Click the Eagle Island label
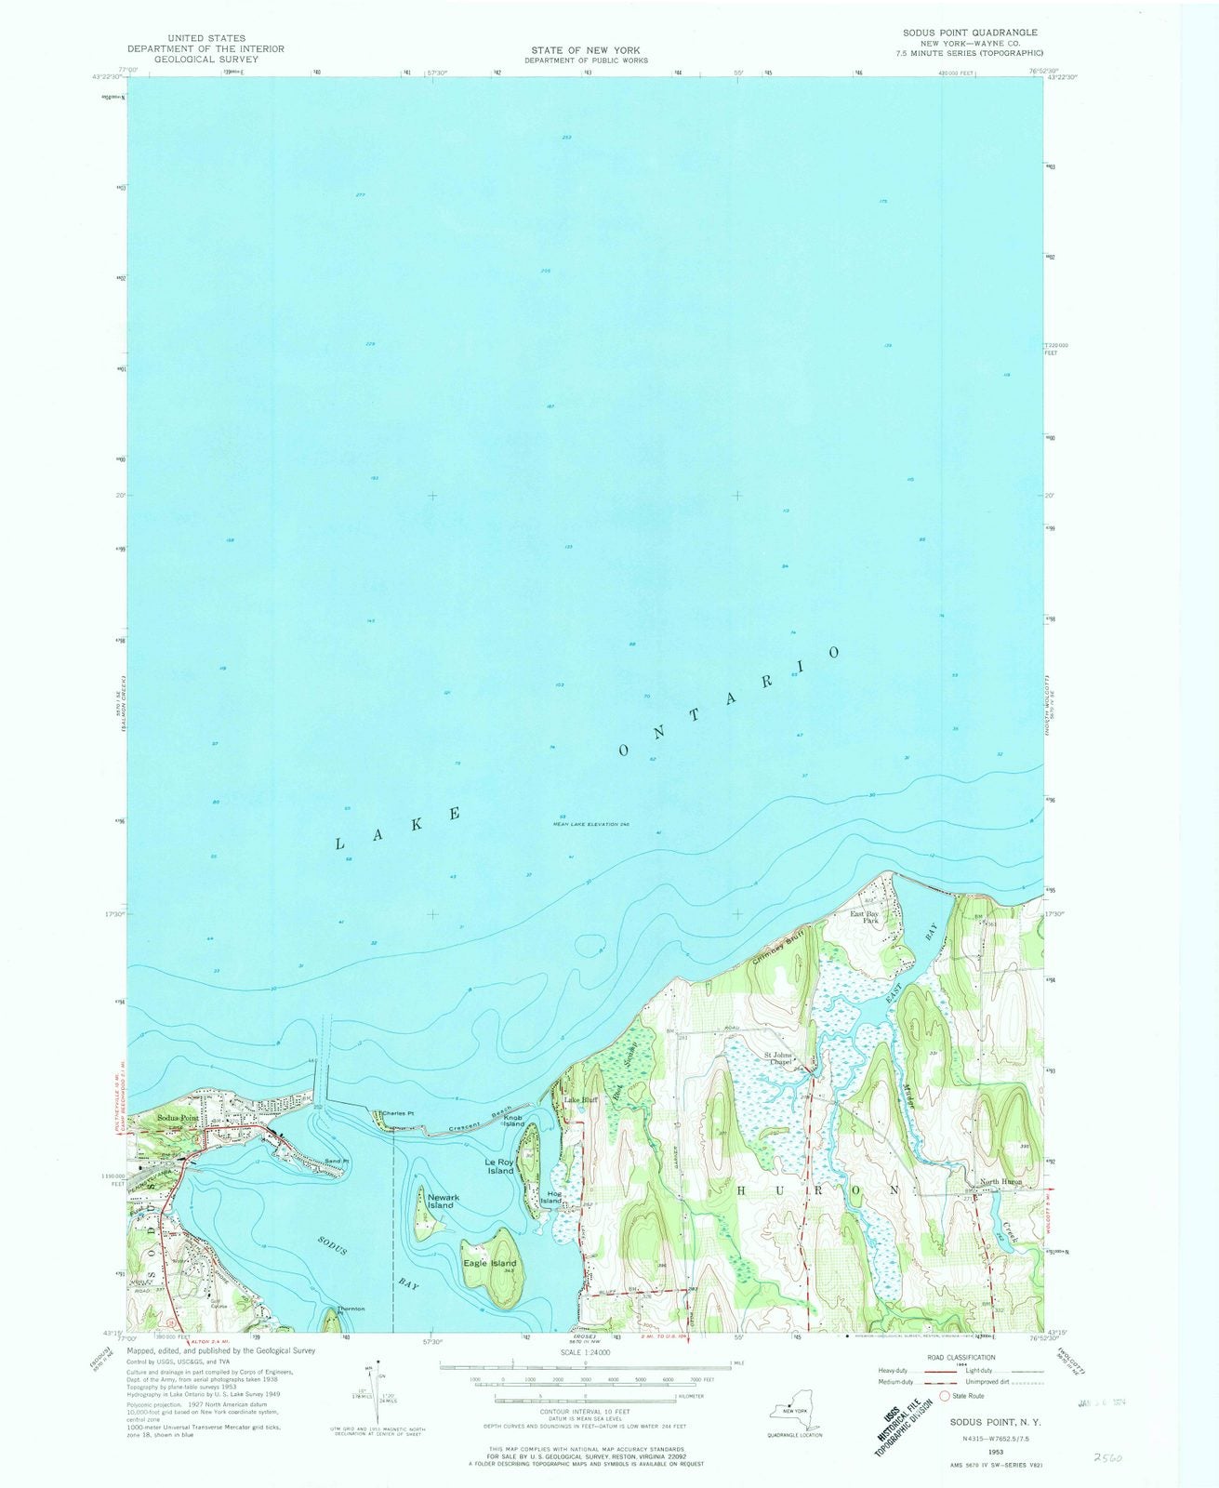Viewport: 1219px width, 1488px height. point(489,1263)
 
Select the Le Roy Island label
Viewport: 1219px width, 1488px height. point(498,1166)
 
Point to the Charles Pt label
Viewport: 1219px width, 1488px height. point(396,1112)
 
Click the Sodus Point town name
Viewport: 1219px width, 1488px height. point(176,1117)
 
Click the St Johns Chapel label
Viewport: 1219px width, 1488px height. point(779,1058)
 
